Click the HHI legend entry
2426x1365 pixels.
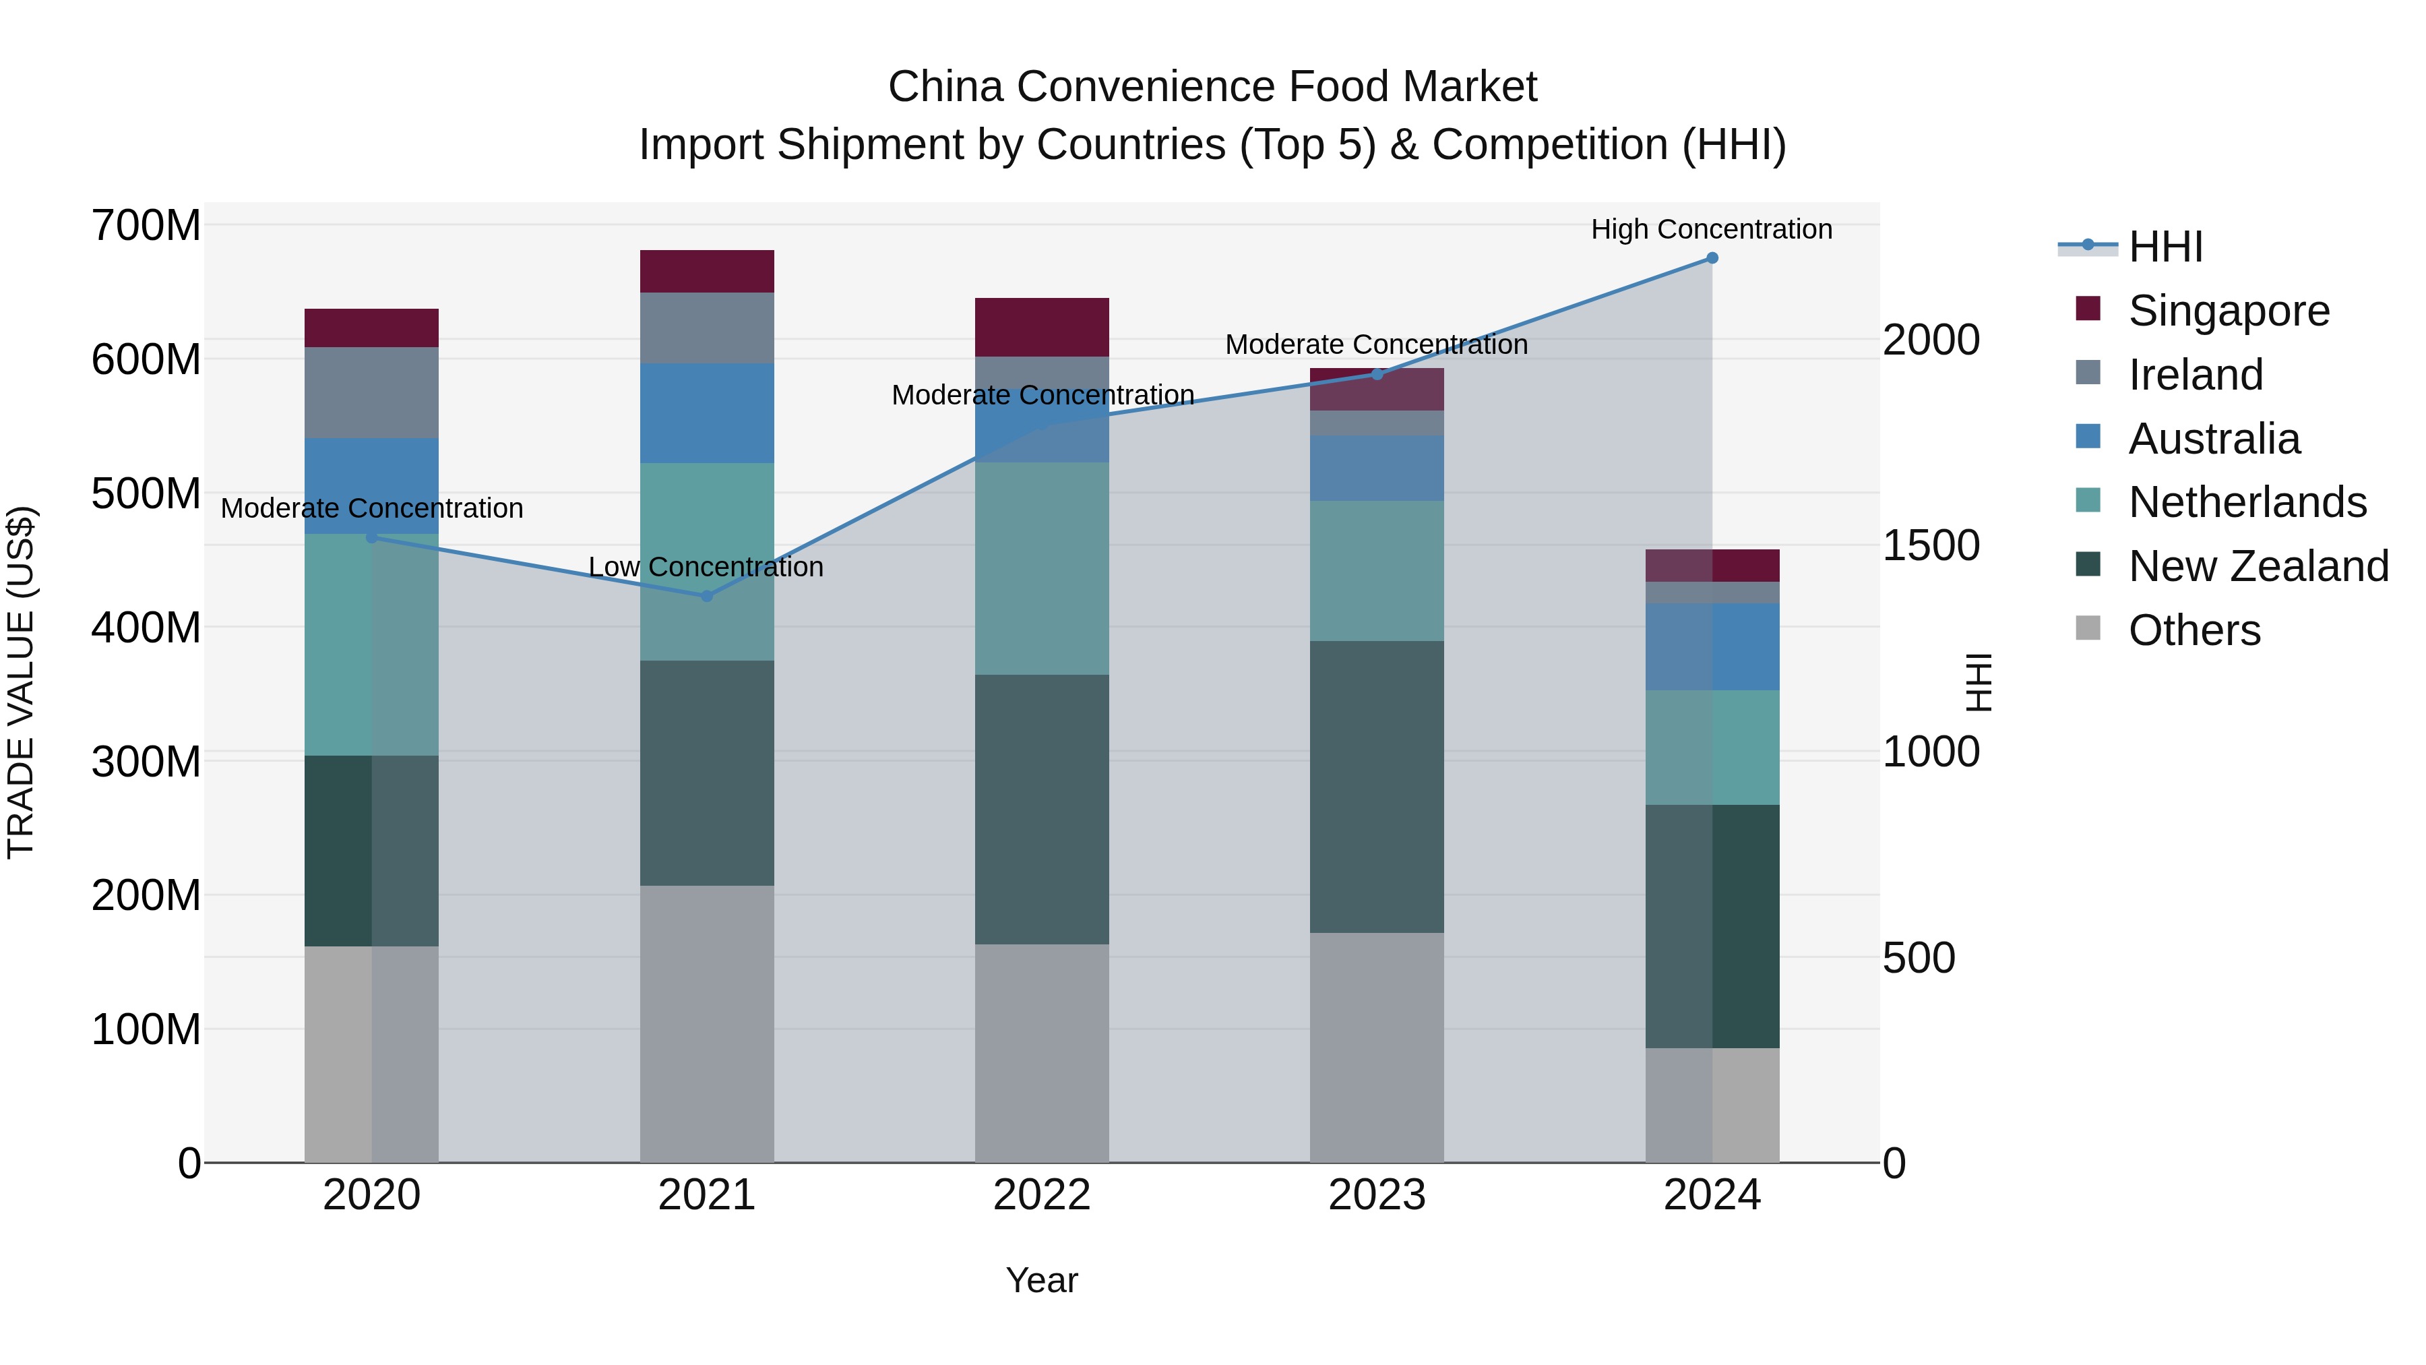(x=2164, y=247)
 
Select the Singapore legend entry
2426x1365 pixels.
(x=2229, y=311)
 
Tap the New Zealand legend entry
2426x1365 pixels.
(x=2258, y=566)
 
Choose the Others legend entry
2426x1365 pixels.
(x=2194, y=630)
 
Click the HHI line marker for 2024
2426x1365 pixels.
(x=1712, y=258)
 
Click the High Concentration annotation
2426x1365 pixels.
(x=1711, y=229)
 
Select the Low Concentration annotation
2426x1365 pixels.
(x=706, y=567)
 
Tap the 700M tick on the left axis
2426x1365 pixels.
(x=146, y=226)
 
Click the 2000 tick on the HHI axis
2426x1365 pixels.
(x=1931, y=340)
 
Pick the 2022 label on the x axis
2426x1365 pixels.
(x=1042, y=1195)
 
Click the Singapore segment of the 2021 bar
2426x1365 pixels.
(x=708, y=271)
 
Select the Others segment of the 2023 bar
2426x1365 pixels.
(x=1377, y=1048)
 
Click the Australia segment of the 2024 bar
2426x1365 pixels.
(x=1712, y=646)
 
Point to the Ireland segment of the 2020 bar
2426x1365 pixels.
(x=371, y=393)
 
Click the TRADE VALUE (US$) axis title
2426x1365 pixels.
(x=21, y=682)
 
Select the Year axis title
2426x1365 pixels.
(x=1042, y=1280)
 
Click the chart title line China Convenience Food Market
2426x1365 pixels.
(x=1212, y=87)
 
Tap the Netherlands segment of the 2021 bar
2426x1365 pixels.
(x=708, y=562)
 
